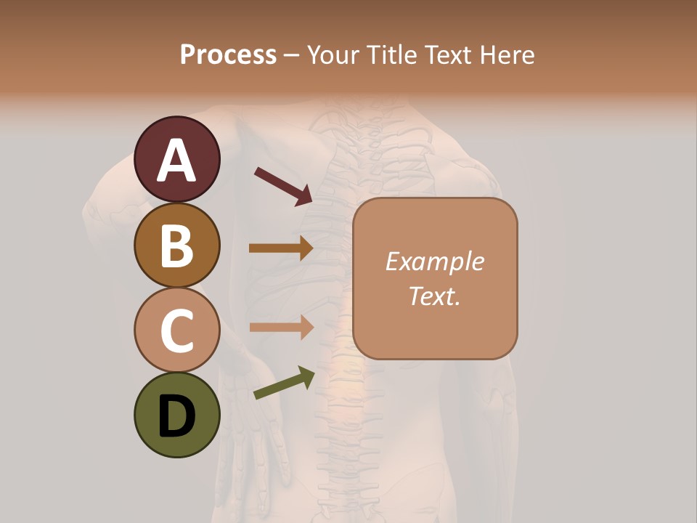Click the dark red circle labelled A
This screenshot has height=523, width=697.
tap(176, 159)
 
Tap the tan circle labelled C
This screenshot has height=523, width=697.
tap(176, 329)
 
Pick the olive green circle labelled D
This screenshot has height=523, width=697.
tap(176, 415)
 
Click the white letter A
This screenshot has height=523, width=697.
tap(176, 161)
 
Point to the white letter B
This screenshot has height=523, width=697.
tap(176, 246)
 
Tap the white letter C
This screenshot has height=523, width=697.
tap(176, 331)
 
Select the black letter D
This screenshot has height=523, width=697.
tap(176, 416)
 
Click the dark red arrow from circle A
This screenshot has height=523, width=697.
tap(283, 186)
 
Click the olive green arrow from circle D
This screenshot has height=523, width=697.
tap(284, 384)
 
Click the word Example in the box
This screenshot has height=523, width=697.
tap(435, 261)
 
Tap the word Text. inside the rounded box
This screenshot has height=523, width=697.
tap(435, 296)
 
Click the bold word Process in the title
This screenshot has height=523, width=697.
tap(228, 54)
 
